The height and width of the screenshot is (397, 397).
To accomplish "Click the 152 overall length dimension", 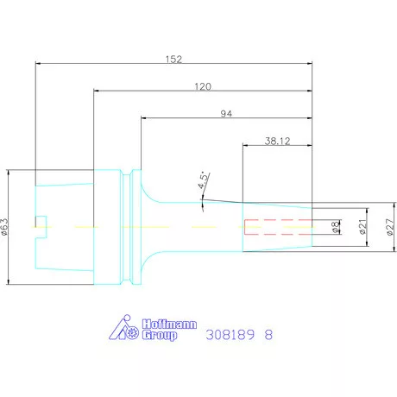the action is [173, 60].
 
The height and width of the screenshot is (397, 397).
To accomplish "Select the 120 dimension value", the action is [203, 86].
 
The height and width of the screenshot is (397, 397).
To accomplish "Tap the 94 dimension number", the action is [226, 114].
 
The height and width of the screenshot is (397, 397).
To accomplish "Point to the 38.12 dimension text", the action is [277, 141].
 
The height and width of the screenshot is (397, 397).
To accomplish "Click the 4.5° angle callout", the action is [203, 180].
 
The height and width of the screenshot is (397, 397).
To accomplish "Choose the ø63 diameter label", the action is [4, 227].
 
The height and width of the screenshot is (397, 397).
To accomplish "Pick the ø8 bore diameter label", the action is [335, 227].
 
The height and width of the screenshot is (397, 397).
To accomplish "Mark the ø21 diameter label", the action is [363, 227].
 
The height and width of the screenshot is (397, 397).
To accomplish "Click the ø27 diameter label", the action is [390, 227].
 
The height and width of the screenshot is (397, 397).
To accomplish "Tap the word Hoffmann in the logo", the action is [169, 325].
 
